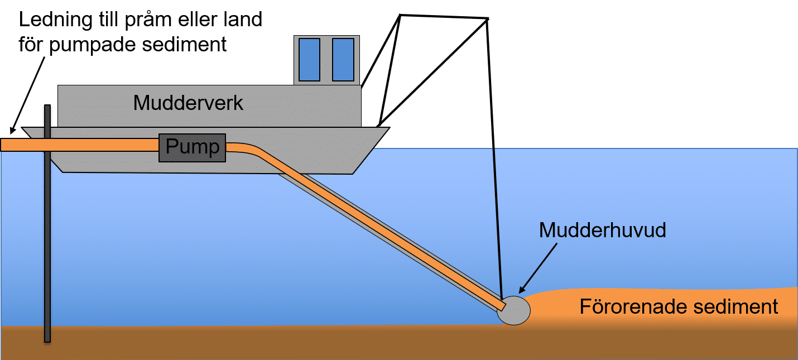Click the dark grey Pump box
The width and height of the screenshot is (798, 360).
tap(193, 148)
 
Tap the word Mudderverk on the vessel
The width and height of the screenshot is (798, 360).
tap(188, 103)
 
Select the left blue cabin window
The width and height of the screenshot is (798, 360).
tap(309, 59)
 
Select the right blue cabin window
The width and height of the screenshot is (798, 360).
tap(343, 59)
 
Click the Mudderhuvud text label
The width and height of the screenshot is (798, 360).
tap(602, 231)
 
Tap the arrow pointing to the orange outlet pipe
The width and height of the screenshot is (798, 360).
tap(28, 94)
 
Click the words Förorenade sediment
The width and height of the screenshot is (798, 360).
tap(679, 306)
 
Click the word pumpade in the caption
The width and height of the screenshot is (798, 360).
tap(97, 44)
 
